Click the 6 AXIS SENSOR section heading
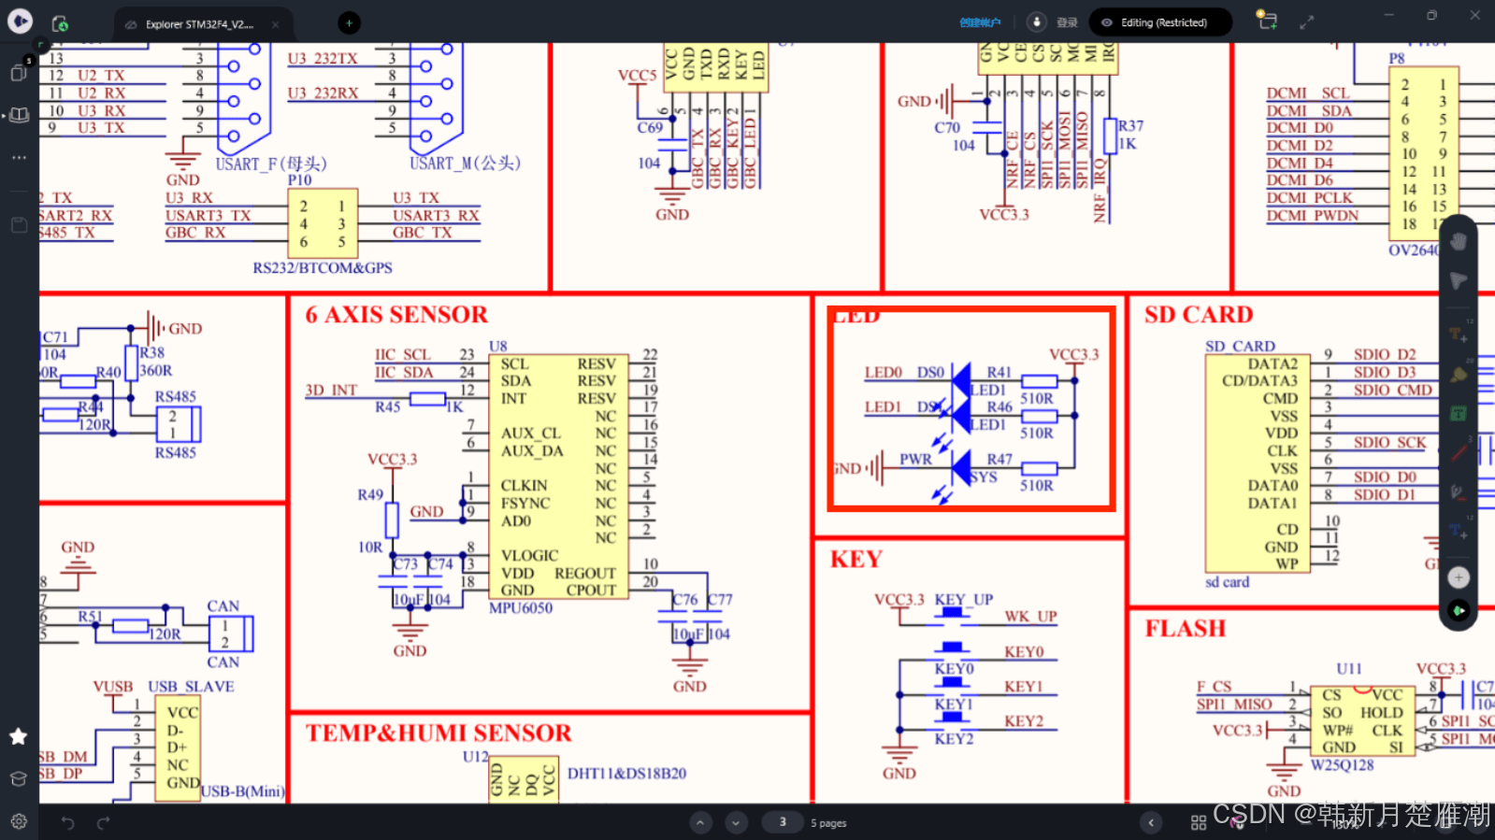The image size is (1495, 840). click(x=396, y=315)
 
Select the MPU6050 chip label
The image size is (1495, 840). click(x=521, y=608)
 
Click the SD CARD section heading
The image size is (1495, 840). click(x=1199, y=315)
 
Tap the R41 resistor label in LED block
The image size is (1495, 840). click(x=999, y=372)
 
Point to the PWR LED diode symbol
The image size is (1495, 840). click(x=960, y=467)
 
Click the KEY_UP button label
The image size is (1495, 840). click(x=964, y=600)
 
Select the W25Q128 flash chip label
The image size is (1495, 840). click(x=1342, y=765)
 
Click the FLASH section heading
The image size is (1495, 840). click(x=1185, y=629)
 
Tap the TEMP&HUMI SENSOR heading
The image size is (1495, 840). click(x=438, y=733)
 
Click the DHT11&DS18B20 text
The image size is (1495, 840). click(x=626, y=774)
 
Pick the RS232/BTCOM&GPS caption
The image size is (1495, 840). click(x=323, y=268)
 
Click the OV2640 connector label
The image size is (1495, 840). click(x=1412, y=250)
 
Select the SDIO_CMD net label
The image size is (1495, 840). click(x=1392, y=390)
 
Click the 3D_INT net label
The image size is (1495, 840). click(x=331, y=390)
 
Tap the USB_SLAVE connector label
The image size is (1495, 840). click(x=191, y=687)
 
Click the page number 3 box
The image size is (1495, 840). click(x=783, y=822)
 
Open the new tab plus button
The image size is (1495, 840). click(x=349, y=22)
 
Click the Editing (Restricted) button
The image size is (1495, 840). click(x=1160, y=22)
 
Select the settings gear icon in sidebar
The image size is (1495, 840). click(x=19, y=822)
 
